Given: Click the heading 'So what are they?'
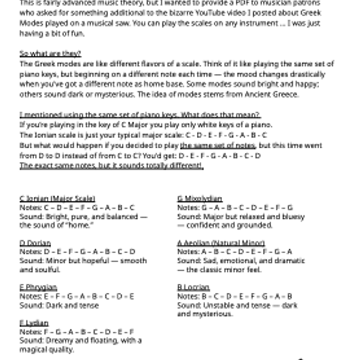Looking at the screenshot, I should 50,53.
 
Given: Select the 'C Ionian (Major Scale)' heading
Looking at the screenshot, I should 58,199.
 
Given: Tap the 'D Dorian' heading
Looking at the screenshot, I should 35,243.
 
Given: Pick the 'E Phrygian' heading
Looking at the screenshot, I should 38,287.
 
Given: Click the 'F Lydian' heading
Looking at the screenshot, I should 34,323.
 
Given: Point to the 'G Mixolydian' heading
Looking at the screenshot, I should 200,199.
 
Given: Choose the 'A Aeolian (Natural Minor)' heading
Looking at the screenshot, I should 221,243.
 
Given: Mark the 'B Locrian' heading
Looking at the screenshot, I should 193,287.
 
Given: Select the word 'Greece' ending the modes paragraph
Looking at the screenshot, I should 284,94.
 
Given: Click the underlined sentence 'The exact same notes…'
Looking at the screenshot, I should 112,165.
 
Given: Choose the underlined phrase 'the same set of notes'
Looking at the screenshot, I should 218,146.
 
